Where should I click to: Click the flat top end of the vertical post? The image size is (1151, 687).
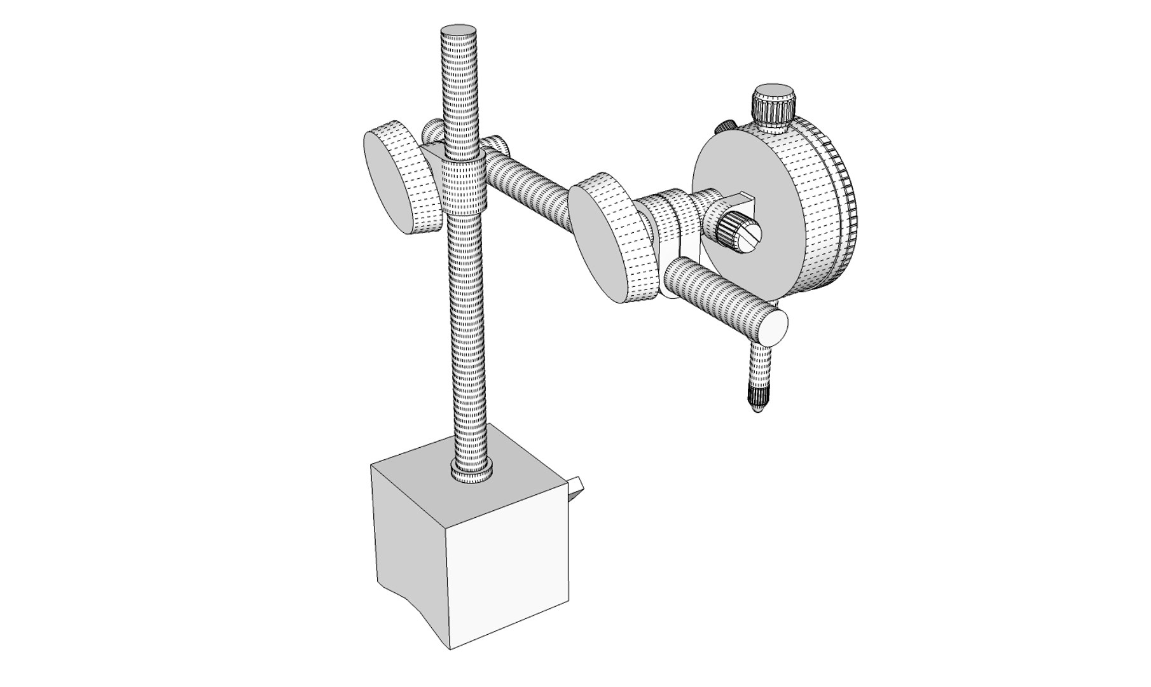pyautogui.click(x=459, y=34)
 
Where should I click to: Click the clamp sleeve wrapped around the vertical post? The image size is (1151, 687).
pyautogui.click(x=463, y=188)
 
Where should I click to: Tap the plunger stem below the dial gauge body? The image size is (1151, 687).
pyautogui.click(x=760, y=369)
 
